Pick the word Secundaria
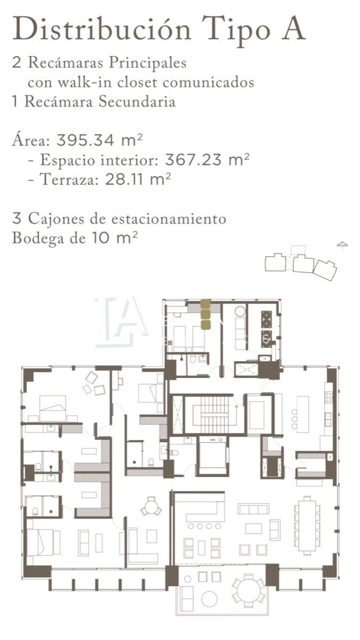[x=137, y=101]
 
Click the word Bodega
[x=36, y=238]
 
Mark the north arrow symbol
[x=342, y=246]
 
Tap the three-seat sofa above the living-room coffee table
[x=253, y=509]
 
